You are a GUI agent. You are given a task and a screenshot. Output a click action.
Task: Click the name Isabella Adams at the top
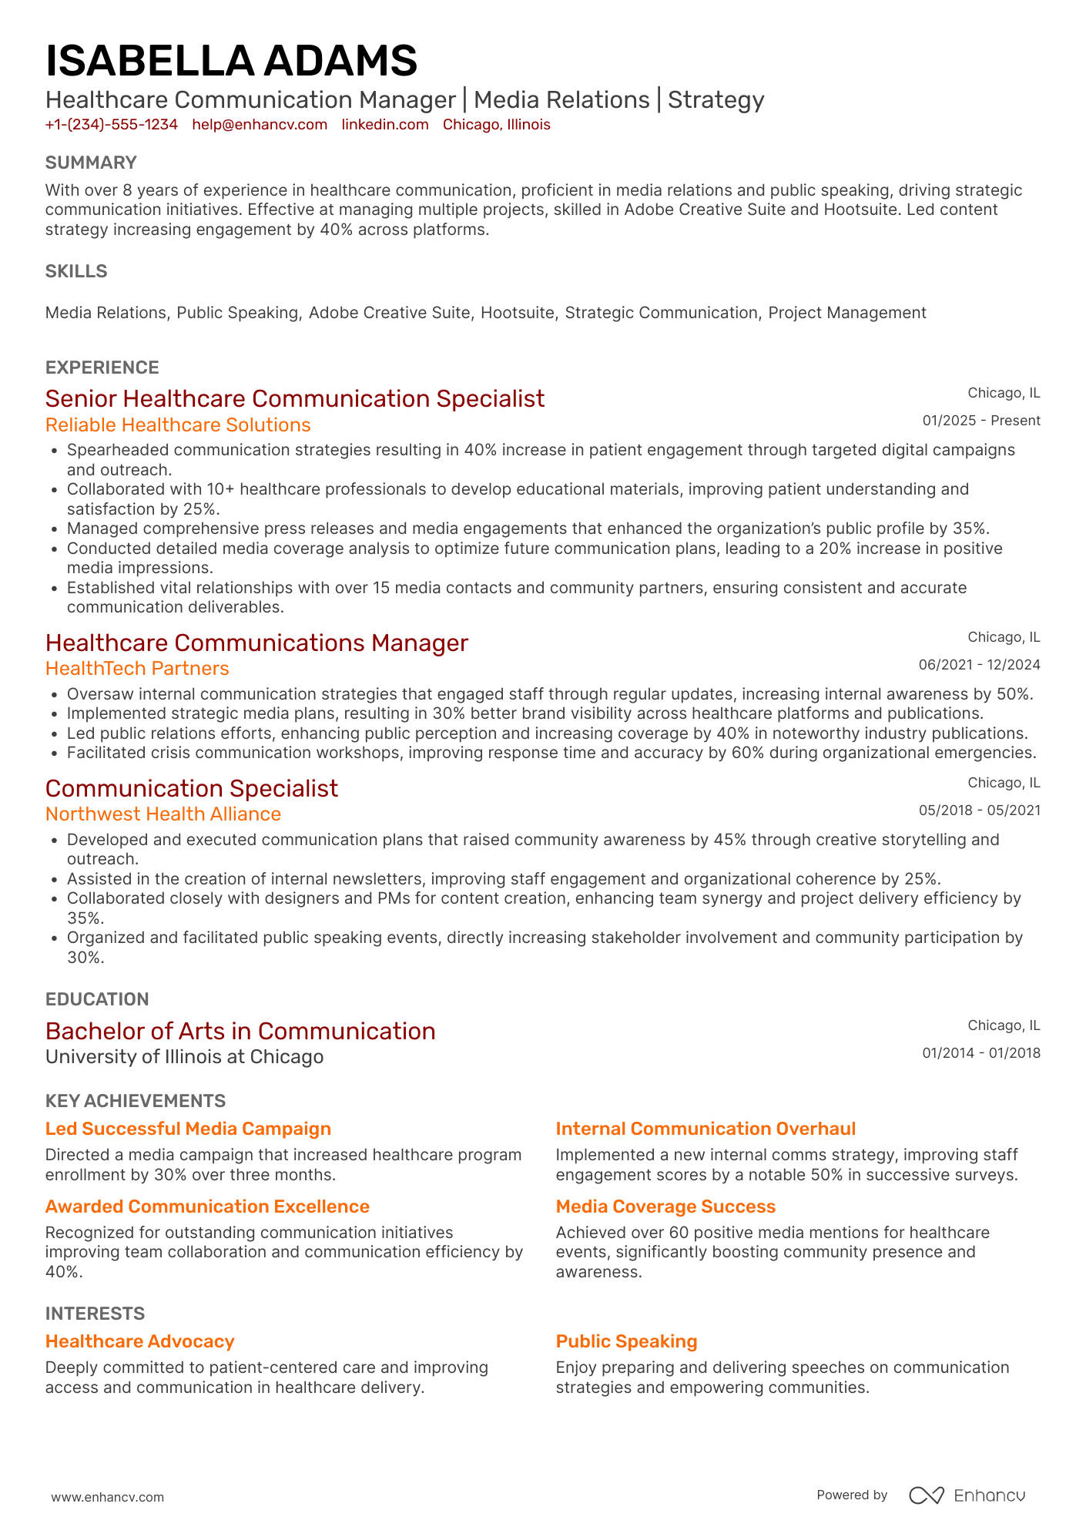231,61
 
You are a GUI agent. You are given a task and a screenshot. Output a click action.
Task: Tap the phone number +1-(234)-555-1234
112,125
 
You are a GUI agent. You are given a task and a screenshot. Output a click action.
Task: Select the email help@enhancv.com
260,125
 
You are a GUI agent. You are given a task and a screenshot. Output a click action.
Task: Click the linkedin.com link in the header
385,125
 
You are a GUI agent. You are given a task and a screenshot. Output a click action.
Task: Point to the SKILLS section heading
76,271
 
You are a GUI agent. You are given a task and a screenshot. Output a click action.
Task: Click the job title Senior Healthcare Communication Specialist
295,398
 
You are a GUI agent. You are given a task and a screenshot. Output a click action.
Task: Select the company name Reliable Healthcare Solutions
178,425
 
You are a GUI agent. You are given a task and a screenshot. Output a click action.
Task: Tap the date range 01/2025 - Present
981,421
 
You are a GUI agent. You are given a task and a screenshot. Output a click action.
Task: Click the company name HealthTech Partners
137,669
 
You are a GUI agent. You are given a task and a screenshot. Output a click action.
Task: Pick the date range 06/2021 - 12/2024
979,665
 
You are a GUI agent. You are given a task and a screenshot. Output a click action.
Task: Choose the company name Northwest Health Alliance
163,814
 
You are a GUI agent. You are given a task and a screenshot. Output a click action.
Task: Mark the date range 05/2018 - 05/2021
979,810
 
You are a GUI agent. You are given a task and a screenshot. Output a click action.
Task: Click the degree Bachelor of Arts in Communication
240,1031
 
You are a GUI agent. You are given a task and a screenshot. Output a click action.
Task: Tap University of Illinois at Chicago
184,1057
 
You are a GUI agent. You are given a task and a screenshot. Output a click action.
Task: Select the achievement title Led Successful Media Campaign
188,1129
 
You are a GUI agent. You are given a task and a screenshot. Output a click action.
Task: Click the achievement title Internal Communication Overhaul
706,1129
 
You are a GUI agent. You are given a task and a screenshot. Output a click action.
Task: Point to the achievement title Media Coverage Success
665,1206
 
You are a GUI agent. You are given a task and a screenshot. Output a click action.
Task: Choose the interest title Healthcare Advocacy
139,1341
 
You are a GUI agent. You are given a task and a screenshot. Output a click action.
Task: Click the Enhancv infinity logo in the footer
926,1495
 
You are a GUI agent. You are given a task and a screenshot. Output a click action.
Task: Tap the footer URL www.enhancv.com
108,1497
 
